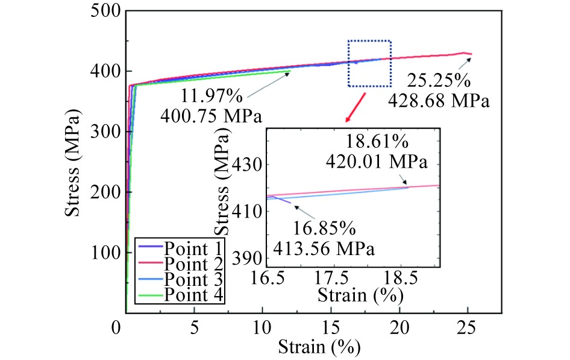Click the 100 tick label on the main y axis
105,253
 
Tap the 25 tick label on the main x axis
467,330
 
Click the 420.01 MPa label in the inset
377,162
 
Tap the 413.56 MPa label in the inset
323,248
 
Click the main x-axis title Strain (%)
319,348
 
